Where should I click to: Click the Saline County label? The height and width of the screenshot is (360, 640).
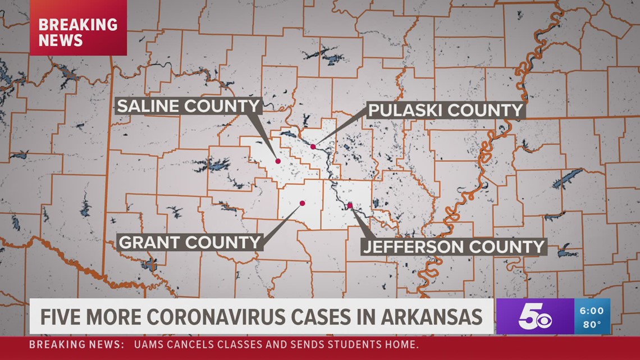[x=188, y=106]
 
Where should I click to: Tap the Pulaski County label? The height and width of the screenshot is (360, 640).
[x=445, y=110]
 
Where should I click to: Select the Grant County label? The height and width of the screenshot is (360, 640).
[x=190, y=242]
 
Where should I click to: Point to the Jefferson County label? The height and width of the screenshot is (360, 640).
[x=454, y=246]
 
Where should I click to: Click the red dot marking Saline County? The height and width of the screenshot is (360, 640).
[x=278, y=161]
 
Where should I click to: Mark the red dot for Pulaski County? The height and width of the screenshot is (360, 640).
[x=313, y=147]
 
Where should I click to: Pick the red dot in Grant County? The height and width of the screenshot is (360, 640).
[x=302, y=203]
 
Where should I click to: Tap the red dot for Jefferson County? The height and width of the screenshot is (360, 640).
[x=350, y=206]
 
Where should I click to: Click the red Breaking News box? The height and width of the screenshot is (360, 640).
[x=78, y=32]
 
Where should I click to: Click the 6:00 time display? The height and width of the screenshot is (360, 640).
[x=592, y=311]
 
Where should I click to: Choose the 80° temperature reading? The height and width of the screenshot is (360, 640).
[x=592, y=324]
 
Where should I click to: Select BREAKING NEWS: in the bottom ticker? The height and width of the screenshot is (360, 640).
[x=76, y=344]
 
